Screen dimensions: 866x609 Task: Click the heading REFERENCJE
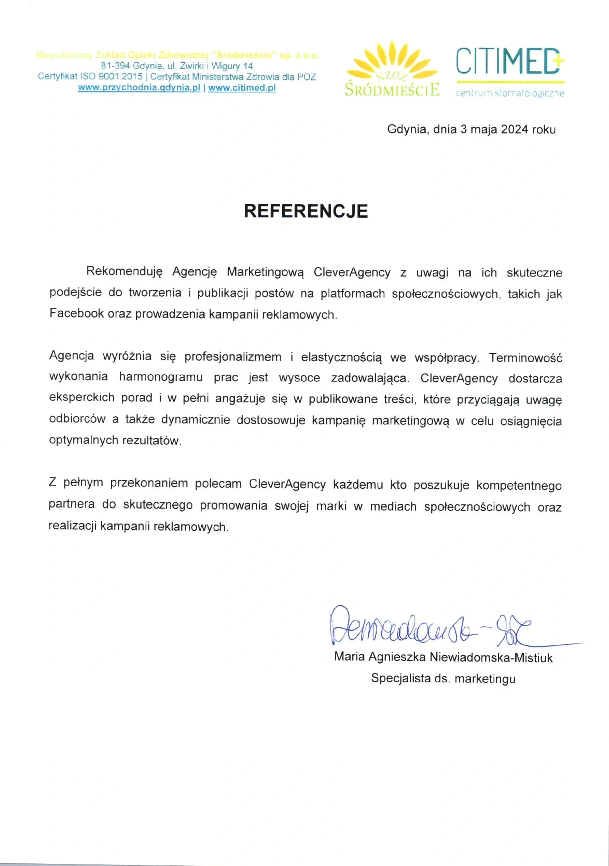pos(306,211)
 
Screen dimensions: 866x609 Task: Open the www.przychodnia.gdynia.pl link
pos(139,88)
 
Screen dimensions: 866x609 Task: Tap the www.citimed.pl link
pos(242,88)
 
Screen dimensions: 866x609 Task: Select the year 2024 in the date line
pos(514,129)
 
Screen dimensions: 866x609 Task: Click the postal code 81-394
pos(115,66)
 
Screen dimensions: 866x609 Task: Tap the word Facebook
pos(76,313)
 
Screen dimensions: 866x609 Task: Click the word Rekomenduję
pos(124,271)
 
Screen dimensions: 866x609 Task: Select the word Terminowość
pos(525,358)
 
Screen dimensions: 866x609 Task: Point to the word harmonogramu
pos(161,377)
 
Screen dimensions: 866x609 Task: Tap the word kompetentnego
pos(519,485)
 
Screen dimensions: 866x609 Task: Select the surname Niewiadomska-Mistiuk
pos(491,657)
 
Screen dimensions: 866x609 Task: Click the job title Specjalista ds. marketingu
pos(443,678)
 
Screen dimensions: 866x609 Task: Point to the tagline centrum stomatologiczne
pos(509,93)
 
